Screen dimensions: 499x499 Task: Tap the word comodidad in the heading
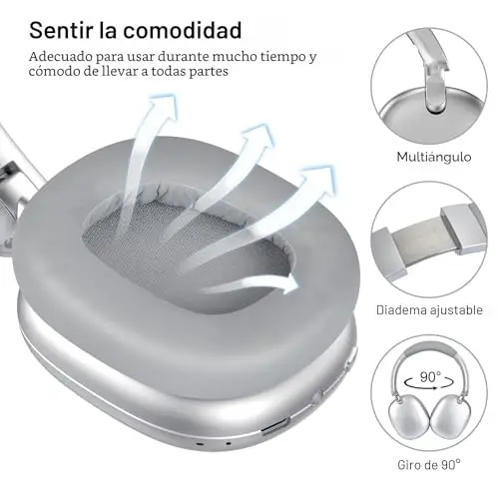pos(183,30)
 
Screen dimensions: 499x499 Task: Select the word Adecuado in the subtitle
pos(60,57)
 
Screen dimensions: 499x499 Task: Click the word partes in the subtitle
pos(209,72)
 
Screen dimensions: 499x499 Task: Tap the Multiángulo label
pos(434,157)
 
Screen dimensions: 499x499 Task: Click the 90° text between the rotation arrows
pos(430,377)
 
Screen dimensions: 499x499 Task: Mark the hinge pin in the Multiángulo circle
pos(435,107)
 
